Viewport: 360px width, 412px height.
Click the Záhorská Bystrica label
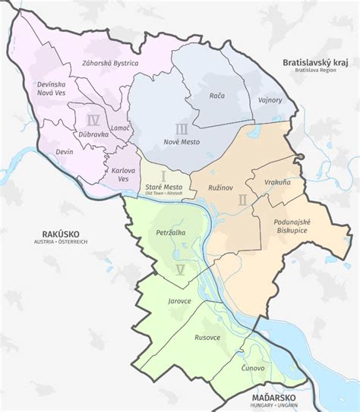pos(105,63)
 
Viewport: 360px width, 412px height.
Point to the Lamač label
pos(120,129)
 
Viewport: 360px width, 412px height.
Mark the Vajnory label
pos(270,99)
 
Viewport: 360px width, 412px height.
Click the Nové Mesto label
pos(182,142)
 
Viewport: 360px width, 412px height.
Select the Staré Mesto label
pos(163,187)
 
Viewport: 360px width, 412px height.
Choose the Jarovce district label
pos(178,300)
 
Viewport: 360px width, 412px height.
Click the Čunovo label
pos(252,368)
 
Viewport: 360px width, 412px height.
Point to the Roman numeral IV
pos(93,120)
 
